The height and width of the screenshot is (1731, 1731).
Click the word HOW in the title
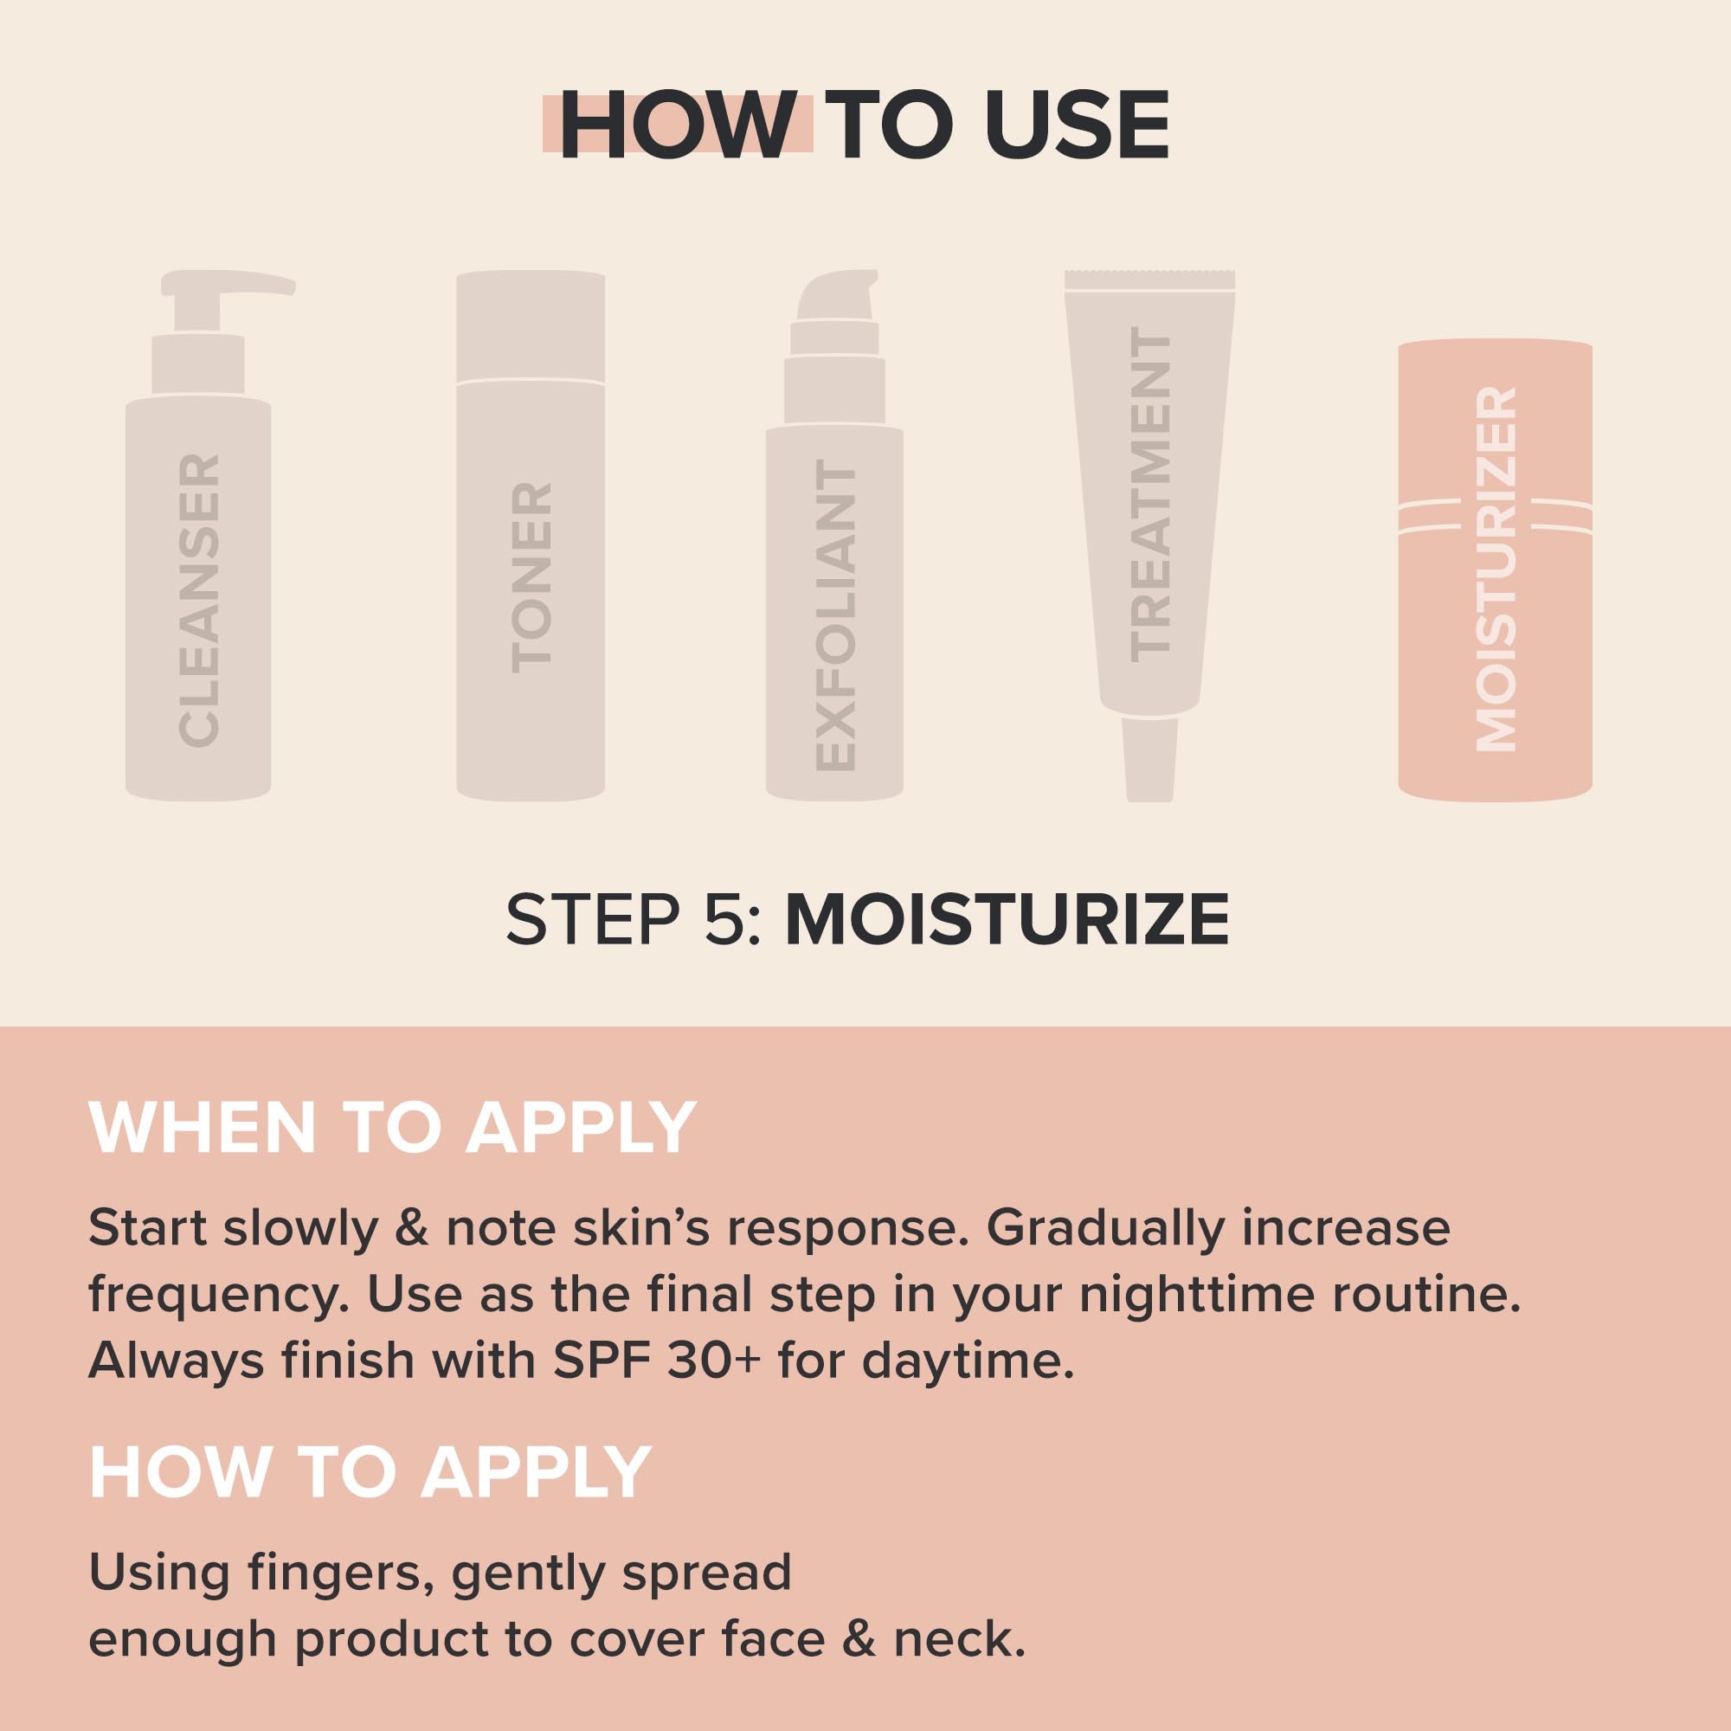(x=678, y=125)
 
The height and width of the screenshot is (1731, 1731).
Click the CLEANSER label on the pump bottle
(x=199, y=601)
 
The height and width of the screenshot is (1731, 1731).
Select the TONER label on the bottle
(x=531, y=577)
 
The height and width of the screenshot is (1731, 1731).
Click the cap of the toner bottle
(x=531, y=327)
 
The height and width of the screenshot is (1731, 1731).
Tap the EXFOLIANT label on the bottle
(x=836, y=618)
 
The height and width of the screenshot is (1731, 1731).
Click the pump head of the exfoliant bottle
(x=835, y=296)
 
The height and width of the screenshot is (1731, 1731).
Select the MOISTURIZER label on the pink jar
(x=1496, y=569)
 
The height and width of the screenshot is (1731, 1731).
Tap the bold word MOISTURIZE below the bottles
(x=1007, y=919)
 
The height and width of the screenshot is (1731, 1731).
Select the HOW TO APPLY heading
(x=370, y=1471)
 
